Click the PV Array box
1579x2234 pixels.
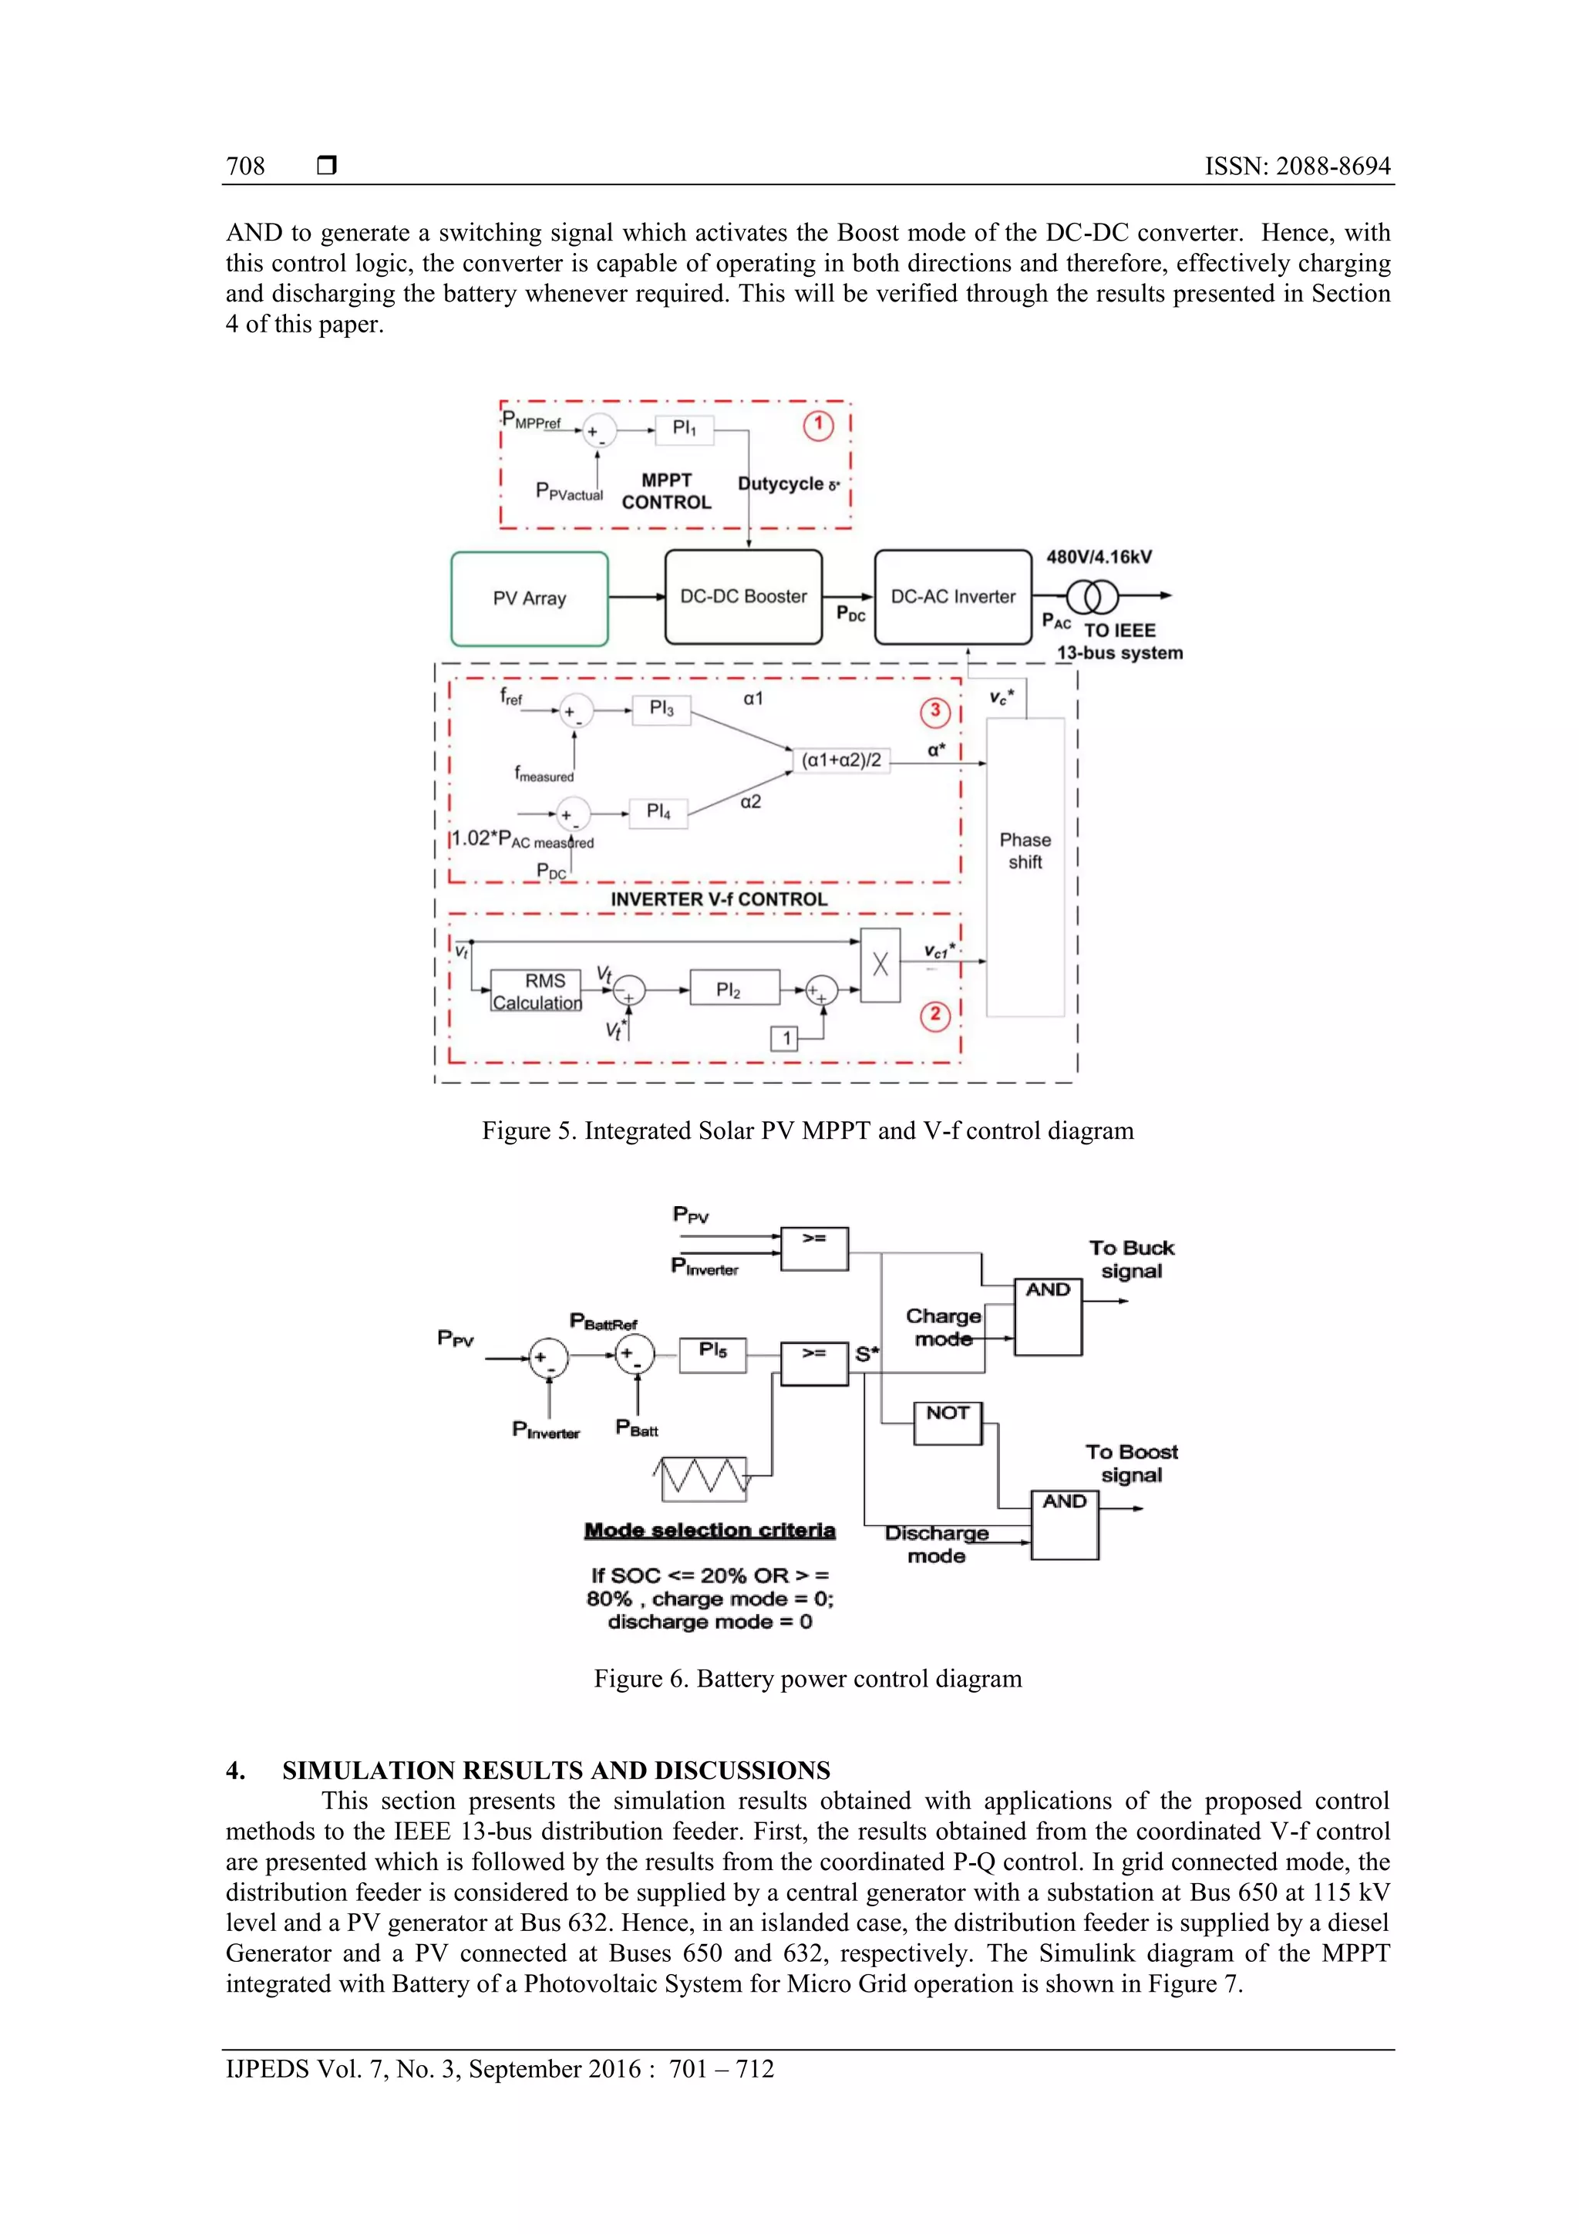coord(529,598)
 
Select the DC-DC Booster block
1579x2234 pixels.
coord(743,596)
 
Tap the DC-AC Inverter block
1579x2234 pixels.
coord(952,596)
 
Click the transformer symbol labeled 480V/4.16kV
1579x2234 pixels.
coord(1093,595)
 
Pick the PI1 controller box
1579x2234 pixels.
coord(684,429)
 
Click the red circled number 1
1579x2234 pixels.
coord(818,425)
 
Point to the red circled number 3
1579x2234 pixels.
coord(935,711)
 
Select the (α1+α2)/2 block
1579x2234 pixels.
coord(842,760)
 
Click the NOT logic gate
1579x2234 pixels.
coord(948,1423)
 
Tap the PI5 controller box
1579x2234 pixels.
coord(712,1353)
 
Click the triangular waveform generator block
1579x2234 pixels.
coord(703,1478)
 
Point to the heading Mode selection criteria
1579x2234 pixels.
coord(709,1531)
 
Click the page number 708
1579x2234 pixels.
coord(245,167)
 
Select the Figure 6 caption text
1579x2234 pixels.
coord(807,1679)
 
